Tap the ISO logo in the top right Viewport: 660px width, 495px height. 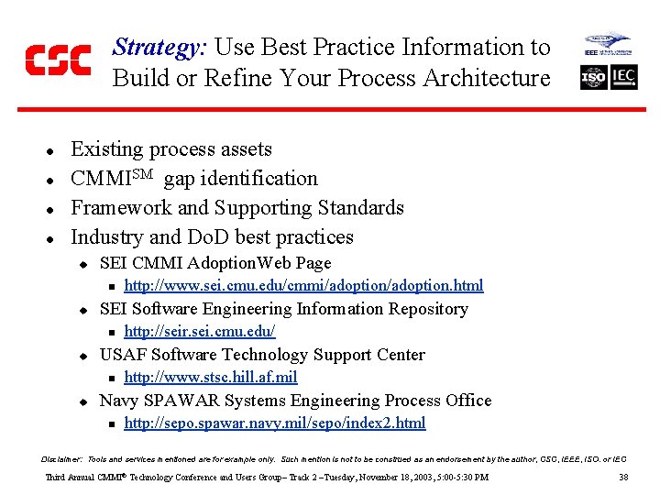[594, 77]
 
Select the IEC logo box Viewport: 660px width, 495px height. [623, 77]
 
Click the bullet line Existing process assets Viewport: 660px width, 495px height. [171, 149]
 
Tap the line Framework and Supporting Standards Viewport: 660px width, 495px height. [237, 208]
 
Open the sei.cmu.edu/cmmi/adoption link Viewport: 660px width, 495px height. [303, 286]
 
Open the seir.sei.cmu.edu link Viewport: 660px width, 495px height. [199, 332]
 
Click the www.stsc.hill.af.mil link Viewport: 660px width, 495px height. [210, 378]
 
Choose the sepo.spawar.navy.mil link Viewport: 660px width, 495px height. [274, 423]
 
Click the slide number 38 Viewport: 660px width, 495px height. [623, 478]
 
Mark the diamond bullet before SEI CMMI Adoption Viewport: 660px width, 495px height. [82, 264]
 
